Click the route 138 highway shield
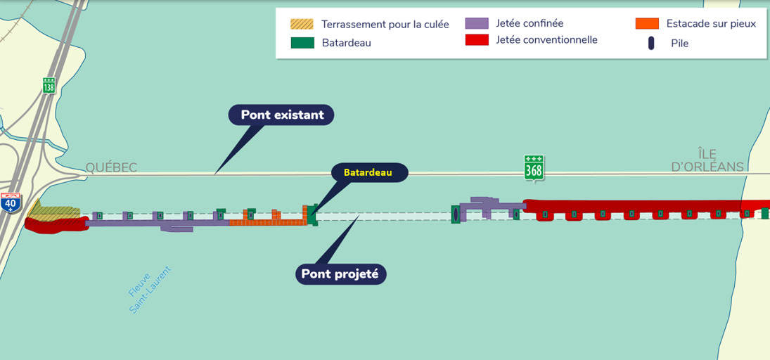coord(49,85)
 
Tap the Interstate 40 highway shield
coord(10,202)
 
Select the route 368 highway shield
coord(534,168)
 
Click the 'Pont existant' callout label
coord(282,115)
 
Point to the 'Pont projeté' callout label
coord(340,274)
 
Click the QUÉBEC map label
coord(111,167)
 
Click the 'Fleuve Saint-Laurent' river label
coord(150,289)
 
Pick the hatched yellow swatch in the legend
coord(302,24)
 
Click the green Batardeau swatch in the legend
coord(302,43)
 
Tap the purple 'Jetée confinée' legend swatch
coord(477,23)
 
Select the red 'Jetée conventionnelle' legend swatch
coord(477,40)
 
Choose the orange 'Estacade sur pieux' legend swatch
coord(646,23)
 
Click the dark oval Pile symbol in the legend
coord(651,43)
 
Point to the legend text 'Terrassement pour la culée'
coord(385,25)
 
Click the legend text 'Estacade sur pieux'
coord(711,23)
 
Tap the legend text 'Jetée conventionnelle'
coord(546,40)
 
